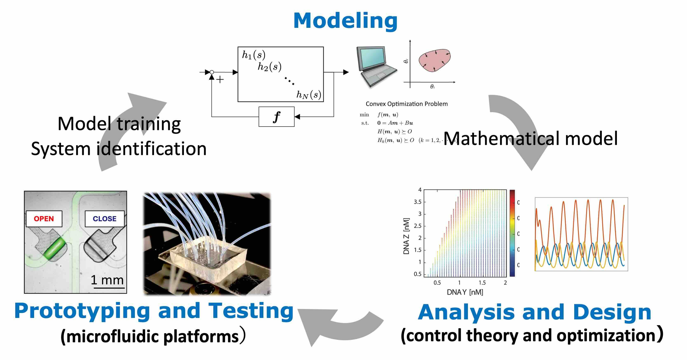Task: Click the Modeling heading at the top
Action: pyautogui.click(x=345, y=21)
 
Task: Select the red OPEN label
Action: pyautogui.click(x=44, y=219)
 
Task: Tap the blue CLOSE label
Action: pyautogui.click(x=105, y=219)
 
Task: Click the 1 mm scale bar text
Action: pyautogui.click(x=107, y=280)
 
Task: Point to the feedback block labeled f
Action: pyautogui.click(x=276, y=117)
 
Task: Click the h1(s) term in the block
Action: pyautogui.click(x=253, y=55)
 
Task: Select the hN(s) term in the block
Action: pyautogui.click(x=309, y=95)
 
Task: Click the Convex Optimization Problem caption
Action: pyautogui.click(x=406, y=104)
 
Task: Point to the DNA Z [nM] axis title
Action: pyautogui.click(x=406, y=236)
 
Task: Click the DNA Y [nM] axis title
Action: pyautogui.click(x=465, y=292)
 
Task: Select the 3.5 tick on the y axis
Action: pyautogui.click(x=418, y=202)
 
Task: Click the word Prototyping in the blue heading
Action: pyautogui.click(x=82, y=311)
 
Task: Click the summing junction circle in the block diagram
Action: pyautogui.click(x=212, y=72)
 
